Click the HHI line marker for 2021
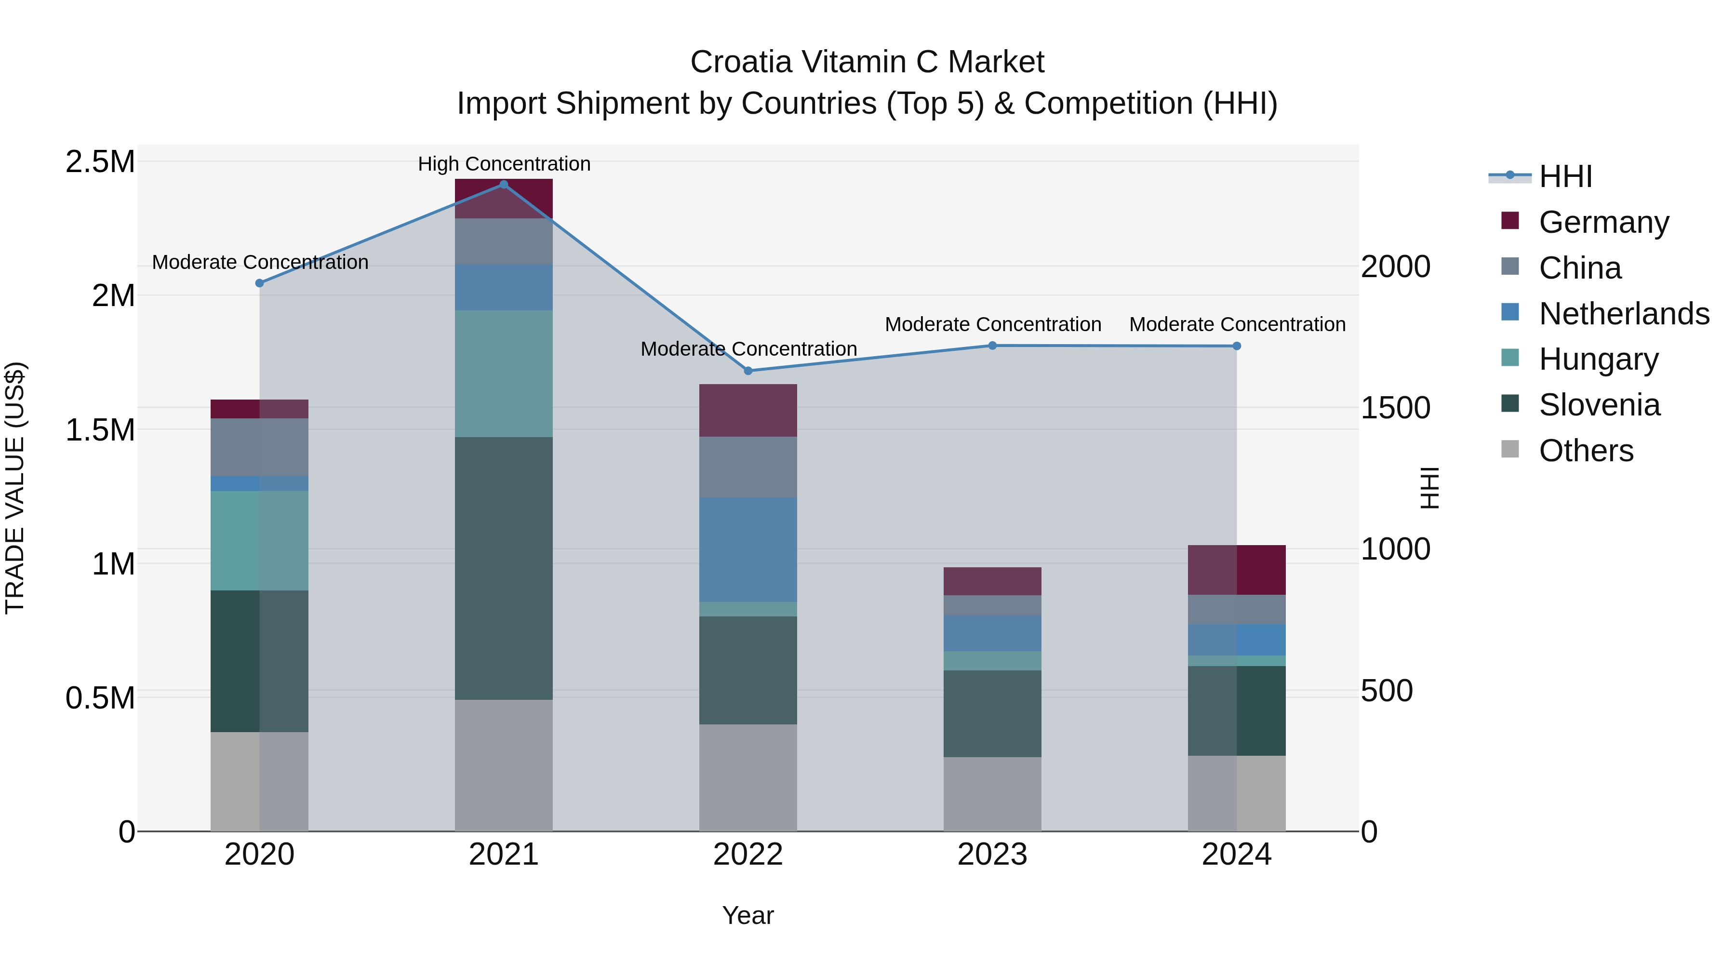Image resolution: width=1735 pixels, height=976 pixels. (503, 185)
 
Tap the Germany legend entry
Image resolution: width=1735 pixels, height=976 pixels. (1603, 222)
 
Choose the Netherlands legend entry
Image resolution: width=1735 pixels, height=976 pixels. (1623, 314)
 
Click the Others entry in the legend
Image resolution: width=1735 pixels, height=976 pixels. (1586, 451)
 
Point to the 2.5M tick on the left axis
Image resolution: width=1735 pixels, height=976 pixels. (100, 162)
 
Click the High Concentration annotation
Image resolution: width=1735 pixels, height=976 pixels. (504, 164)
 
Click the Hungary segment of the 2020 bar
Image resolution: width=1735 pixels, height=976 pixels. (259, 540)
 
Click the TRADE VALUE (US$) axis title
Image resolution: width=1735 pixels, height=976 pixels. (15, 488)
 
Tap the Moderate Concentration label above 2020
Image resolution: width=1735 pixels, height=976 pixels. (260, 262)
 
